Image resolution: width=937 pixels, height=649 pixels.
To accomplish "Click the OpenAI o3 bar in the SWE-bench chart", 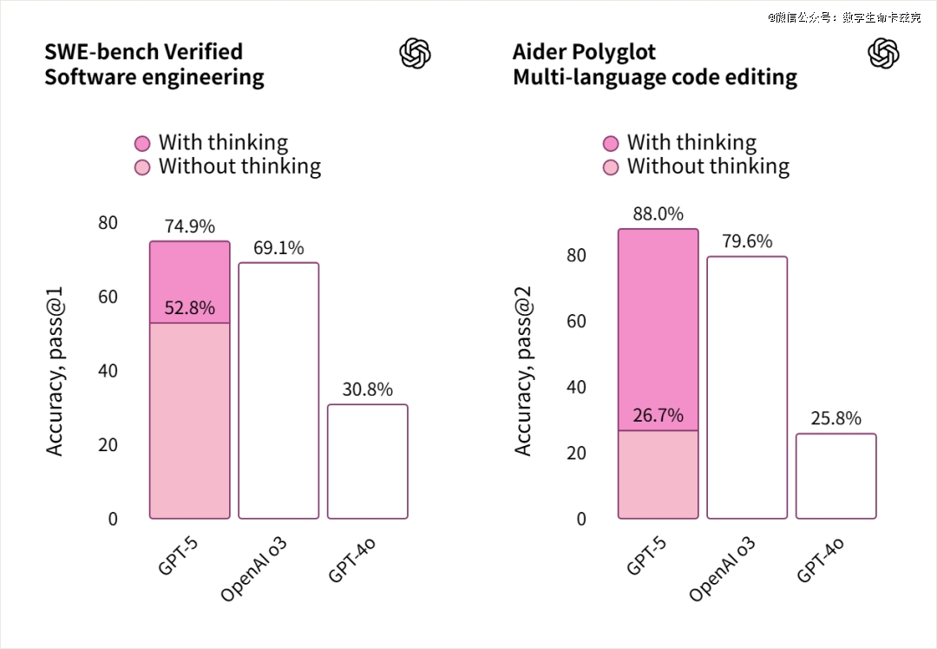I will [278, 390].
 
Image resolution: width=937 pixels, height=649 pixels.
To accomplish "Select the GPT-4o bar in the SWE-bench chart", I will [368, 462].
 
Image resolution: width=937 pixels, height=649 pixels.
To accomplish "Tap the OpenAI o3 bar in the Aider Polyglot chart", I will [747, 388].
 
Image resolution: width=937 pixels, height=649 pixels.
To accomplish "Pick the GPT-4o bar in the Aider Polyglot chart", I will [836, 476].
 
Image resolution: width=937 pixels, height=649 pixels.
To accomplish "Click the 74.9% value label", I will [189, 226].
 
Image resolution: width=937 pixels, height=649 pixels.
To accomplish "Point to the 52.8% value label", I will [189, 308].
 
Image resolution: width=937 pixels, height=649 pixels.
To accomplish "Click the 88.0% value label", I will [658, 213].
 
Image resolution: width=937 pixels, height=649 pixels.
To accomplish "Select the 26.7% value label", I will [658, 416].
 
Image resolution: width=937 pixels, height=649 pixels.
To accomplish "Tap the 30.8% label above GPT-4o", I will [368, 390].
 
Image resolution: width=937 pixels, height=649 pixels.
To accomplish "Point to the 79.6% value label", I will [747, 241].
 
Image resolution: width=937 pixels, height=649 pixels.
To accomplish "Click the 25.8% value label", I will [836, 419].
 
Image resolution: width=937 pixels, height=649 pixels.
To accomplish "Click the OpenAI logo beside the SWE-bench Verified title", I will [415, 53].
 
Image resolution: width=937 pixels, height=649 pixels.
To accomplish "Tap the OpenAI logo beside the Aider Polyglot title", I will [883, 53].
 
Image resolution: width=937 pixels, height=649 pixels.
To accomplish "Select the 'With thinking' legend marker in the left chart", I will [142, 143].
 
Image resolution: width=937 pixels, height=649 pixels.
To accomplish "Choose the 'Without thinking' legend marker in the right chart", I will [611, 167].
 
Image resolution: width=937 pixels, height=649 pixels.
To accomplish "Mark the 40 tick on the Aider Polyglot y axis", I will [575, 387].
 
